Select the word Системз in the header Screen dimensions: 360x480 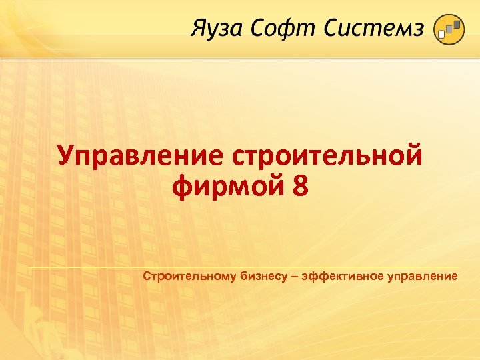point(375,29)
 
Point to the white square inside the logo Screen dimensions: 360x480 point(441,35)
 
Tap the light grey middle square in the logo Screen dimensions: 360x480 point(449,30)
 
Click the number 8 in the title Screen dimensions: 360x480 point(300,186)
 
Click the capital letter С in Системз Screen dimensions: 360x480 point(333,29)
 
